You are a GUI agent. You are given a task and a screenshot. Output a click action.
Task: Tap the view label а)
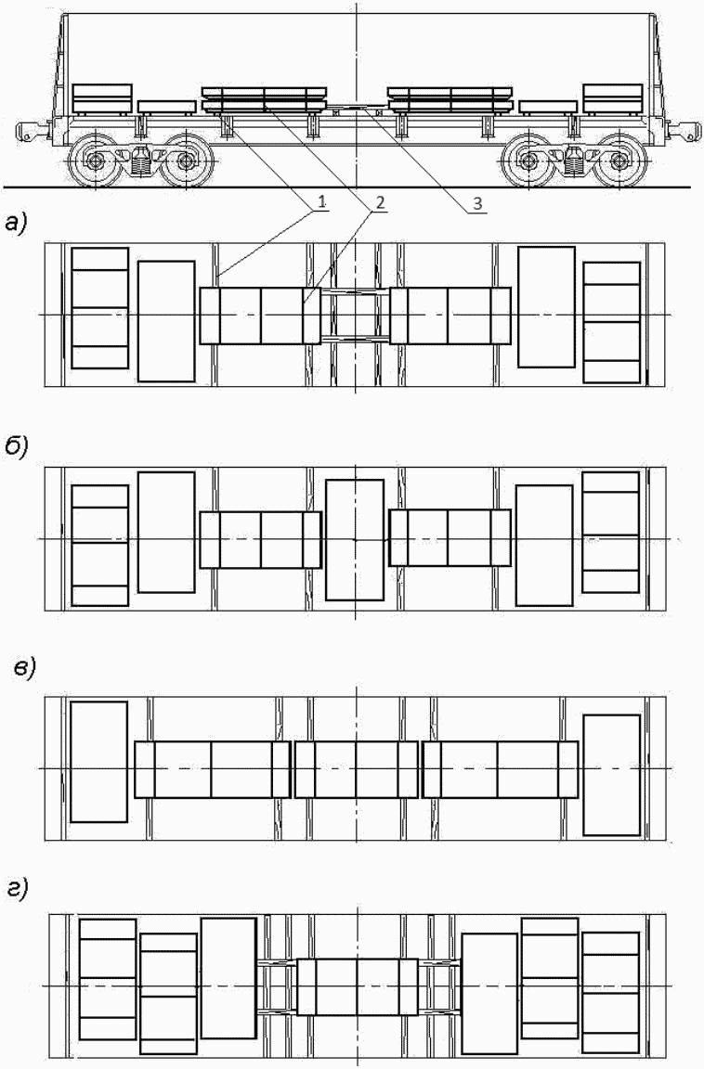[18, 222]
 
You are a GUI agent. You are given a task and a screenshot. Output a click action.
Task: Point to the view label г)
[18, 889]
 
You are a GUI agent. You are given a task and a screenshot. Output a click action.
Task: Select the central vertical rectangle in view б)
[355, 539]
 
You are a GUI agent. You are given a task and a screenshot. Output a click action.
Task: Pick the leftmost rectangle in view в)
[98, 762]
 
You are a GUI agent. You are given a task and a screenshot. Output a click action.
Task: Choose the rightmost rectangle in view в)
[611, 774]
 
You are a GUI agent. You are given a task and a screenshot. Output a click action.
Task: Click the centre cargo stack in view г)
[357, 986]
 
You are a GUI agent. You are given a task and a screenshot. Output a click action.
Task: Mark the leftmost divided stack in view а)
[100, 308]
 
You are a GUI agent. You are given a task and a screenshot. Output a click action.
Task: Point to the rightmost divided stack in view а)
[612, 322]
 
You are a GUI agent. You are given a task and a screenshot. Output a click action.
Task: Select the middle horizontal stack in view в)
[356, 769]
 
